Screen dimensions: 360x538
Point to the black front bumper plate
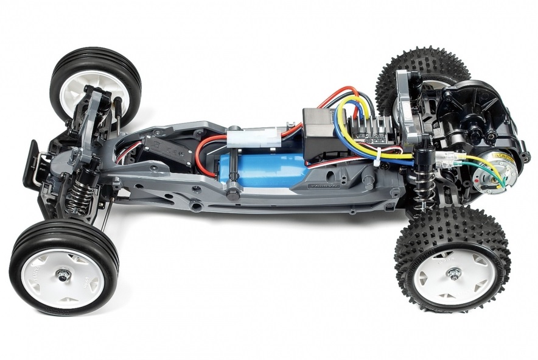29,161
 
